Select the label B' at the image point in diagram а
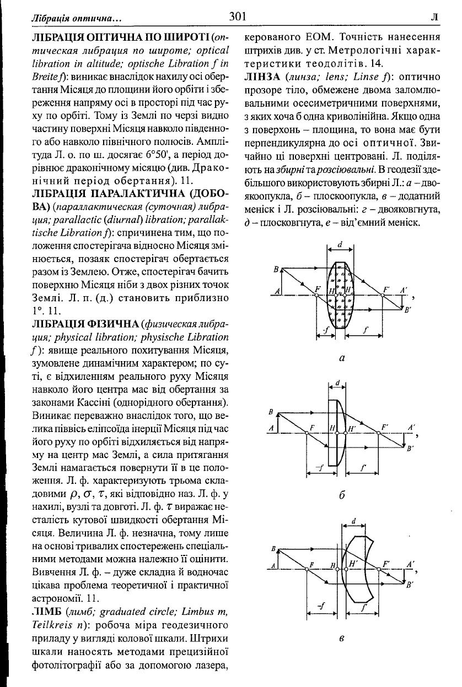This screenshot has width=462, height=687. pyautogui.click(x=409, y=310)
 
